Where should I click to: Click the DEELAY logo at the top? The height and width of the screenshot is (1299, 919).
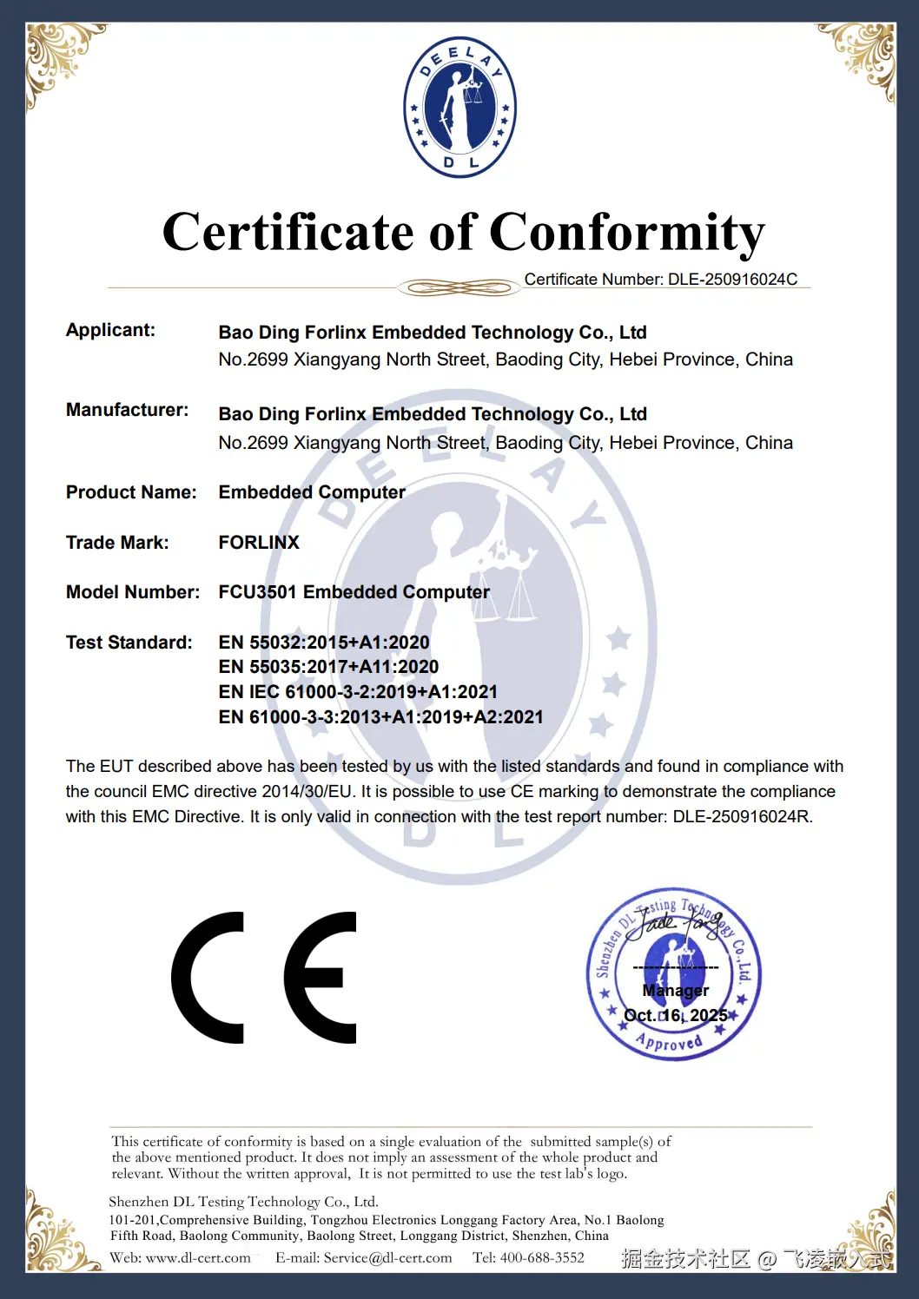coord(459,108)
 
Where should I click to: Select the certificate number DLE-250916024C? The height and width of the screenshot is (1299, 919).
coord(732,280)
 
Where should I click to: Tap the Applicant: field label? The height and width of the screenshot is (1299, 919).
coord(110,330)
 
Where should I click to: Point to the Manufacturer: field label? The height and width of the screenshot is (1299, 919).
coord(127,410)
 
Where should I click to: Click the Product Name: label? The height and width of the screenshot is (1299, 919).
coord(131,492)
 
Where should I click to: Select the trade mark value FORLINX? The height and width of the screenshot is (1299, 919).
coord(259,543)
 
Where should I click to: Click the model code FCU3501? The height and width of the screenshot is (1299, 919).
coord(258,592)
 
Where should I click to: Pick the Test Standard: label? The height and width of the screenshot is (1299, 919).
coord(129,643)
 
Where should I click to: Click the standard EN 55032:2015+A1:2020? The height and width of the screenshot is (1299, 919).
coord(324,643)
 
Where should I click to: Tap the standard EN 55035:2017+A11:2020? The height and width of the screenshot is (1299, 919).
coord(328,667)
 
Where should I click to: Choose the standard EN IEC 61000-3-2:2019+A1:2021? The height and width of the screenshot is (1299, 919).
coord(358,692)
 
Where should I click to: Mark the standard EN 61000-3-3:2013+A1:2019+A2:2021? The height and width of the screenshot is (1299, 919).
coord(380,717)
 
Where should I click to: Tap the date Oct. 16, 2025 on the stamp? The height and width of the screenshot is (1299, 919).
coord(676,1015)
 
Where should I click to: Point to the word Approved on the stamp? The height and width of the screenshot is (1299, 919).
coord(669,1041)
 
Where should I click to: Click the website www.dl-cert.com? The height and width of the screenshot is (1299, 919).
coord(198,1258)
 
